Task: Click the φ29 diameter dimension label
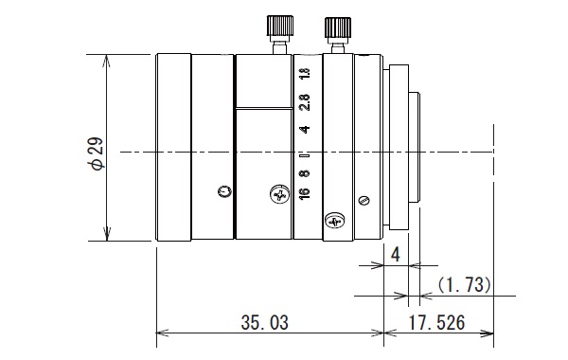pos(98,153)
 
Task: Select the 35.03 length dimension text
pos(265,322)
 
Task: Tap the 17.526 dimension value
pos(436,322)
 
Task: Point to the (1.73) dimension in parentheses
pos(464,284)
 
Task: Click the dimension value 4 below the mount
pos(396,255)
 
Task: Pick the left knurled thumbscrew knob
pos(280,26)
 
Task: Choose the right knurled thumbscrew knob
pos(338,27)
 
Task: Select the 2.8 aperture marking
pos(305,102)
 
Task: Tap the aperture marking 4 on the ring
pos(305,130)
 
